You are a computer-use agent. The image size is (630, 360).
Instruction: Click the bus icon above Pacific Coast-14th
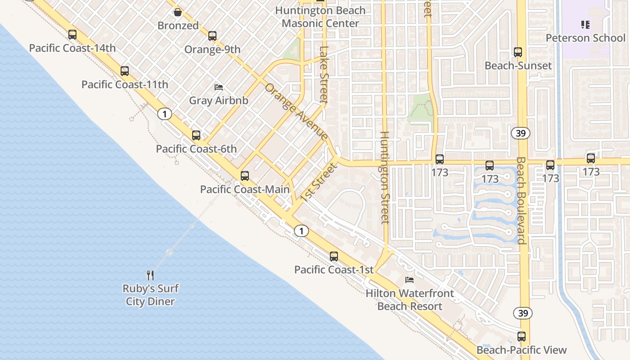tap(72, 35)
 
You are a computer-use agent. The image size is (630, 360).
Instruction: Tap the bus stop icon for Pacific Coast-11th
tap(125, 71)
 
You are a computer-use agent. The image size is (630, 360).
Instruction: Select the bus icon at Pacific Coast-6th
tap(196, 135)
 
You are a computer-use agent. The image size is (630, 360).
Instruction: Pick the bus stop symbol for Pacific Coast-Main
tap(245, 176)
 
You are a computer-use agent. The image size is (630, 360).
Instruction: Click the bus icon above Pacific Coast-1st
tap(333, 256)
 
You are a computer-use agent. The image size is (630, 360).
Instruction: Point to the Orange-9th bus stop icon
tap(212, 36)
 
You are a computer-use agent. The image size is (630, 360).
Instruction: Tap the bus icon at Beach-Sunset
tap(518, 52)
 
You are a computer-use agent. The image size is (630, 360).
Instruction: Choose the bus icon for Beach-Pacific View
tap(522, 337)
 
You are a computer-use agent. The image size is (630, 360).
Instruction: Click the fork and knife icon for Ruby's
tap(150, 275)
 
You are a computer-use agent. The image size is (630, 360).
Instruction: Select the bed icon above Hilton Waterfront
tap(409, 280)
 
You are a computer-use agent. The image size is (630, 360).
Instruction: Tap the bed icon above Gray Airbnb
tap(219, 87)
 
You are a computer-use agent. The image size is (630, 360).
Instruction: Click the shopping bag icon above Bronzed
tap(178, 12)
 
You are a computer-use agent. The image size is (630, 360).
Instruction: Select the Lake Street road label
tap(324, 75)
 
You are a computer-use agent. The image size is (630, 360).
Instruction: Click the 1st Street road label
tap(319, 182)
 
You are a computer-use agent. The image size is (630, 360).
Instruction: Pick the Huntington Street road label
tap(385, 177)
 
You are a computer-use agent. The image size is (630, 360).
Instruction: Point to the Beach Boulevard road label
tap(521, 200)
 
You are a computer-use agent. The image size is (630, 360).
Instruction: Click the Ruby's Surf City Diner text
tap(150, 295)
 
